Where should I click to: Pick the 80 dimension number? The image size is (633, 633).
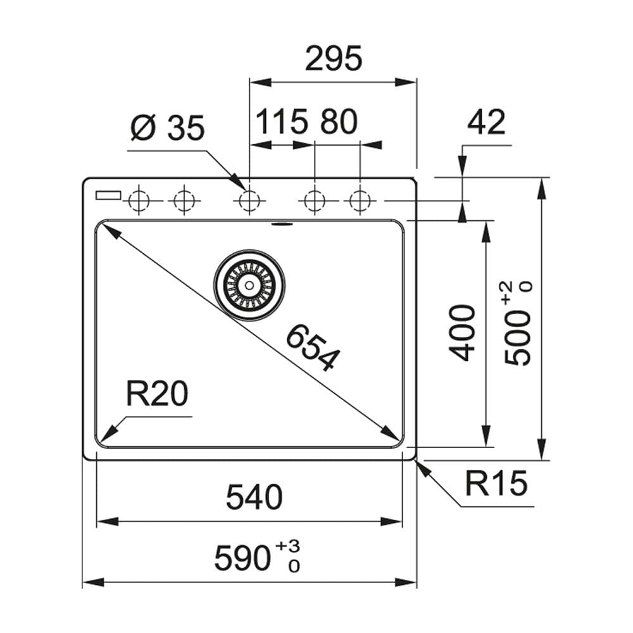pos(338,122)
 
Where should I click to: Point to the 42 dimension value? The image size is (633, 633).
pos(486,122)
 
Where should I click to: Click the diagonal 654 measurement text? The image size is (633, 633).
pos(312,347)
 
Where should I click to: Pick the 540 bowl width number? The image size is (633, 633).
pos(254,497)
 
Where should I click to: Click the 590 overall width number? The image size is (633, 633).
pos(242,558)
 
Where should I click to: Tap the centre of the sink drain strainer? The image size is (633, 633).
pos(249,285)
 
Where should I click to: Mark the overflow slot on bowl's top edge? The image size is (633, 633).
pos(279,223)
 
